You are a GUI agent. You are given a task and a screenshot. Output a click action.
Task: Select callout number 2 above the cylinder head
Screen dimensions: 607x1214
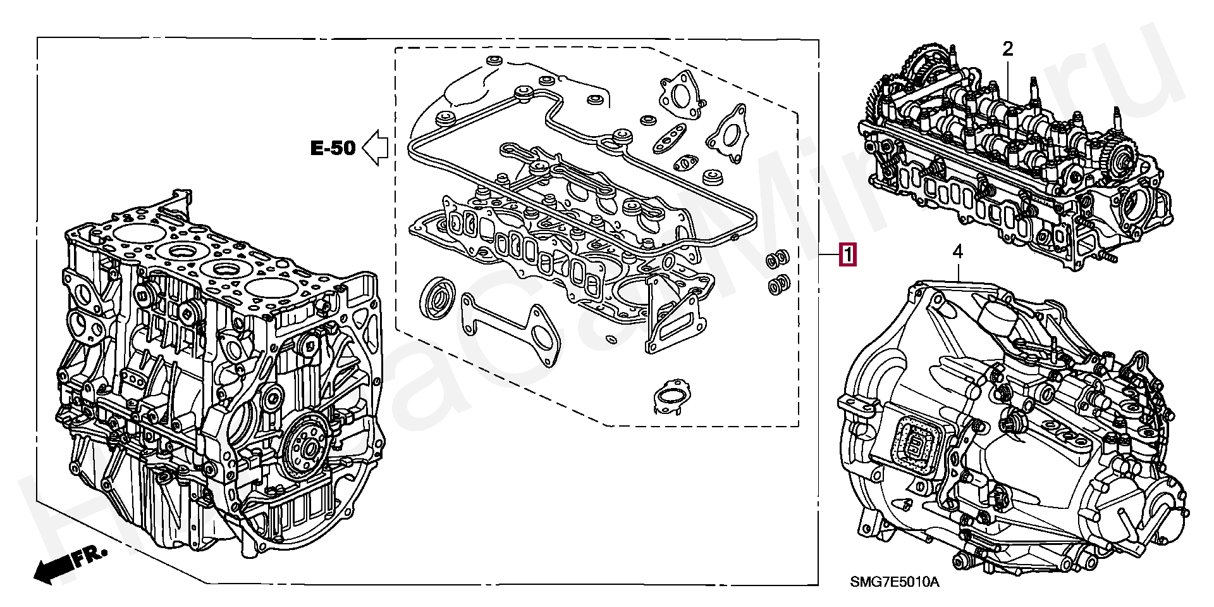coord(1008,48)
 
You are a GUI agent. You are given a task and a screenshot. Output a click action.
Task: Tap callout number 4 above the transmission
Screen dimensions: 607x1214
coord(958,252)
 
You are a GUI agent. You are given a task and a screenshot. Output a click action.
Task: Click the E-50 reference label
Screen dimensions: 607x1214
coord(333,148)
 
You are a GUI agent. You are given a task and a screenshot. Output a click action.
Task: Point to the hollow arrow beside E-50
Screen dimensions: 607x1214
coord(376,148)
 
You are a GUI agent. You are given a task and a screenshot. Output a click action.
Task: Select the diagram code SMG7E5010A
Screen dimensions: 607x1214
coord(894,582)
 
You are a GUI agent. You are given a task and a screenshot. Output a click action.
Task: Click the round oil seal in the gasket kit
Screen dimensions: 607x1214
coord(437,296)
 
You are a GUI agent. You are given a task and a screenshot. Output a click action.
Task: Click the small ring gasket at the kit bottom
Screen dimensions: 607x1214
coord(671,397)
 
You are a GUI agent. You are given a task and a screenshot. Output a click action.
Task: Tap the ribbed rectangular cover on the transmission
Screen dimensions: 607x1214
coord(914,447)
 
